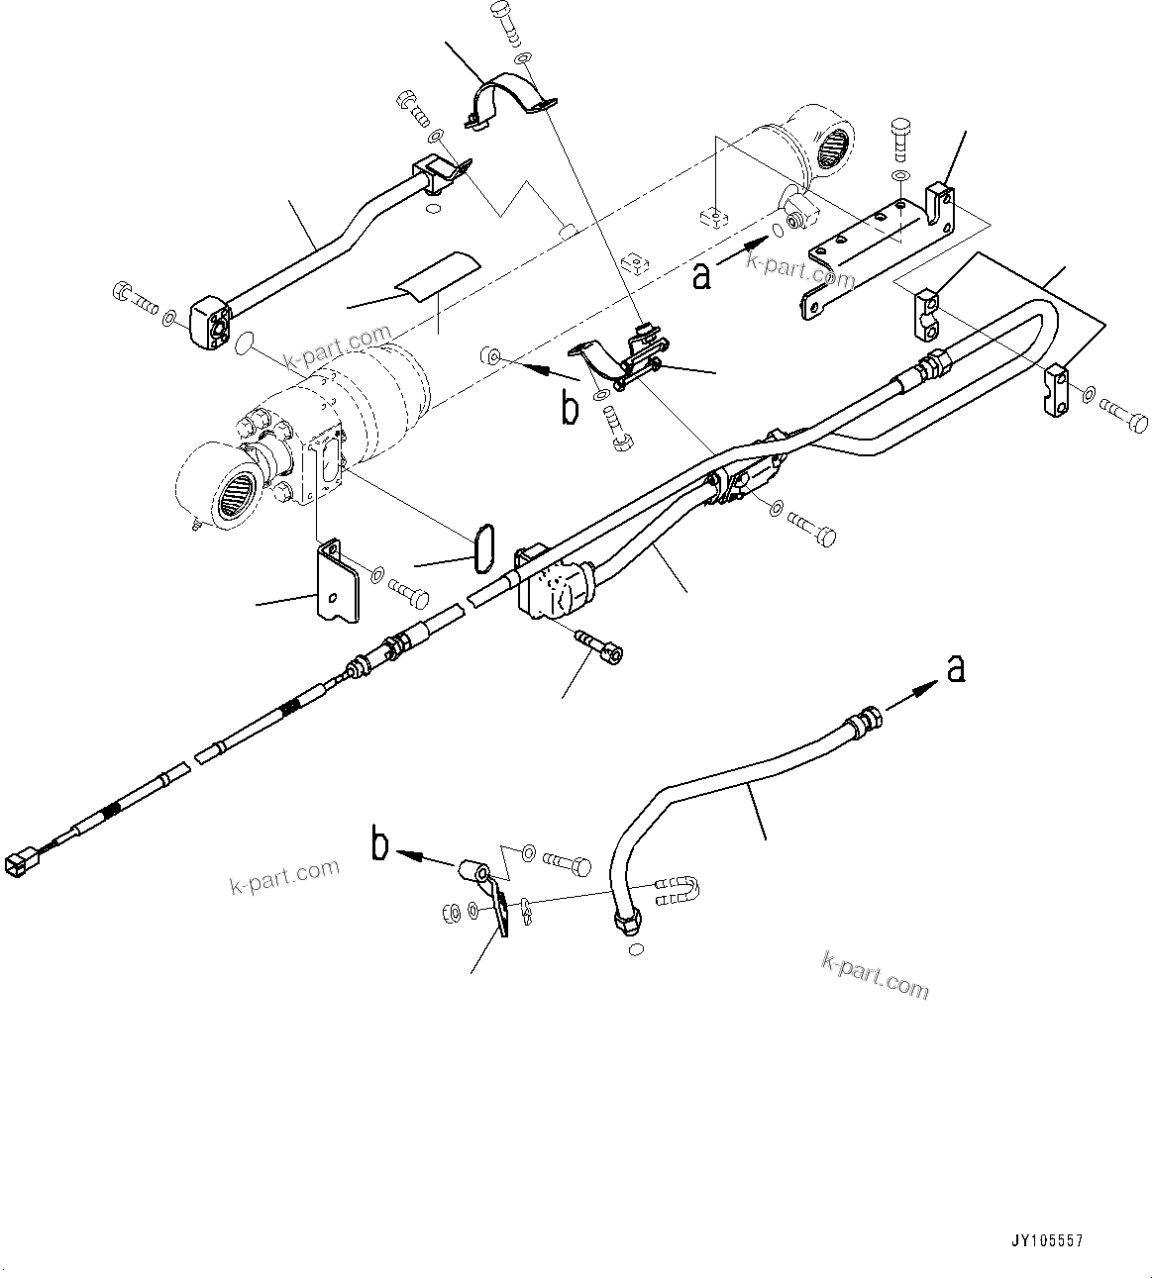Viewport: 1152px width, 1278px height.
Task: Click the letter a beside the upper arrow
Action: coord(701,275)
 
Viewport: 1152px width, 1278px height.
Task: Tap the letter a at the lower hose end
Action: coord(955,669)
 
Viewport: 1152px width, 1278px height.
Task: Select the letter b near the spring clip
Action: coord(570,408)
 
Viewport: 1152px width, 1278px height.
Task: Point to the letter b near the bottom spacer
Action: coord(379,845)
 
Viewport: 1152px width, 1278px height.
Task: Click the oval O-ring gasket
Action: coord(483,547)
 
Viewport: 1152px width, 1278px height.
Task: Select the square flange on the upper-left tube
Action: coord(209,324)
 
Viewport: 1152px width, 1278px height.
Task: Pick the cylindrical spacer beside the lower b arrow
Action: coord(471,872)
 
